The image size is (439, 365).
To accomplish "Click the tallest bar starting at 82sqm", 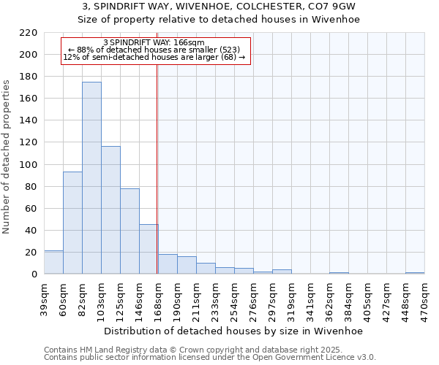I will coord(91,178).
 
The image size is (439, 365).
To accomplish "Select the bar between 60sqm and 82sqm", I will coord(72,223).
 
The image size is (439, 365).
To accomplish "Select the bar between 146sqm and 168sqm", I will coord(149,249).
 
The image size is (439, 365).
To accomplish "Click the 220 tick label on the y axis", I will coord(28,33).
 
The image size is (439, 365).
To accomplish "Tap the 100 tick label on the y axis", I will coord(28,164).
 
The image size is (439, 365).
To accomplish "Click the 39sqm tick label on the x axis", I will coord(44,299).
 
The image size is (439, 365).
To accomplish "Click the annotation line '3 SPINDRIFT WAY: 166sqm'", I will coord(154,43).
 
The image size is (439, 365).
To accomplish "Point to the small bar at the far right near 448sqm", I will coord(415,273).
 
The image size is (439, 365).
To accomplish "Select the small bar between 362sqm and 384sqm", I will coord(339,273).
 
